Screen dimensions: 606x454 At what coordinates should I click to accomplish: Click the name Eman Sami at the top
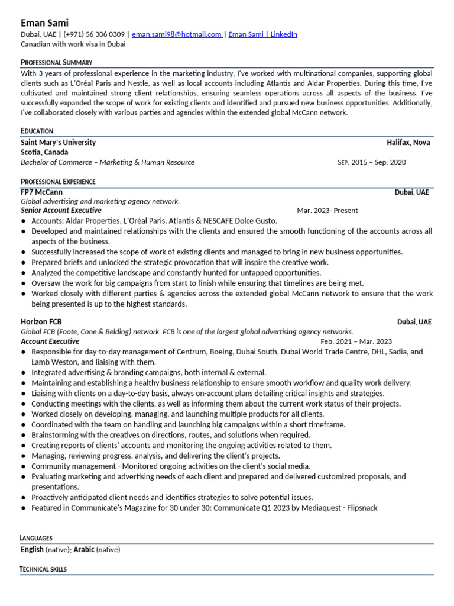(x=45, y=22)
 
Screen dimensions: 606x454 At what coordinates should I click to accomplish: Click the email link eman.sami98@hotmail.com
(x=176, y=34)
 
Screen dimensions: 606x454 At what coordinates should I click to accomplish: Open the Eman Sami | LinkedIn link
(x=262, y=34)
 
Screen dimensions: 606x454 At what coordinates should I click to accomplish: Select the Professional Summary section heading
(x=57, y=62)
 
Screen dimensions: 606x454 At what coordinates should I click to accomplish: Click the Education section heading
(x=37, y=131)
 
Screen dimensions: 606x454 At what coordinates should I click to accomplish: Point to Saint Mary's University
(x=58, y=143)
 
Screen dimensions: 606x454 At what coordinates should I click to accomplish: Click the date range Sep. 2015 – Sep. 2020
(x=372, y=162)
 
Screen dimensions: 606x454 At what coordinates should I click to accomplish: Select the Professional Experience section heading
(x=58, y=182)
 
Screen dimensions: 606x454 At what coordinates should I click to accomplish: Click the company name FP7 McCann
(x=41, y=192)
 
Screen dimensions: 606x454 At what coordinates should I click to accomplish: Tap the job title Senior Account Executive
(x=61, y=210)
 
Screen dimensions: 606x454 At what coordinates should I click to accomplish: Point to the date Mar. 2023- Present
(x=327, y=211)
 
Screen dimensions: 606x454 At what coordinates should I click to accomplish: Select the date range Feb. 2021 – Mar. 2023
(x=356, y=341)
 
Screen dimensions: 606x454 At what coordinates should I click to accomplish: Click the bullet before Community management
(x=23, y=466)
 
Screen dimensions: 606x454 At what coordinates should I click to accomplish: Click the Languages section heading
(x=36, y=538)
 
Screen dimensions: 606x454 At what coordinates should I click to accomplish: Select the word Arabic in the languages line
(x=84, y=550)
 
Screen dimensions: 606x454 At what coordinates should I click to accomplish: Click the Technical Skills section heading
(x=43, y=569)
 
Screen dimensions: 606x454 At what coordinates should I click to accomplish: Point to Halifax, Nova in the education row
(x=408, y=143)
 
